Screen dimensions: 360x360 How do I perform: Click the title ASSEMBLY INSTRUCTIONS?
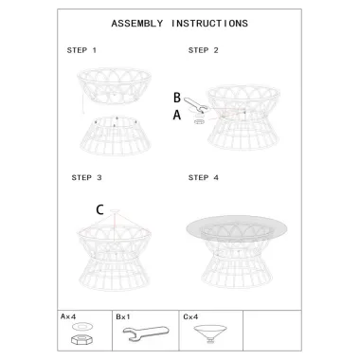coord(179,24)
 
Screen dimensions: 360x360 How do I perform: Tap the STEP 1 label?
coord(81,50)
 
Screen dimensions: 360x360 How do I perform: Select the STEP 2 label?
coord(203,50)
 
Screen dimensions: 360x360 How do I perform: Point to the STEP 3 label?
coord(86,177)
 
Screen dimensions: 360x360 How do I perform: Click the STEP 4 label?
coord(204,177)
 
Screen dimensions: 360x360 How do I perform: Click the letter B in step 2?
coord(177,98)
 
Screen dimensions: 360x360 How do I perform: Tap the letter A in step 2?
coord(177,115)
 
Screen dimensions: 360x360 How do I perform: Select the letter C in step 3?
coord(99,209)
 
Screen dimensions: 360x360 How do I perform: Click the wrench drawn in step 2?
coord(195,105)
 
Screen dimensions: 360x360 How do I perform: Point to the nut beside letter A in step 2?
coord(199,121)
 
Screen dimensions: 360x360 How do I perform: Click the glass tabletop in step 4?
coord(237,227)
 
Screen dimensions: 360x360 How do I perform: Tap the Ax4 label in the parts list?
coord(68,316)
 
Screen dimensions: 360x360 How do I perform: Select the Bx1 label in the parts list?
coord(123,316)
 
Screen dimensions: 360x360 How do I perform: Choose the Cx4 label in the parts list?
coord(190,316)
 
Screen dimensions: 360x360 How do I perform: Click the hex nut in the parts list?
coord(81,340)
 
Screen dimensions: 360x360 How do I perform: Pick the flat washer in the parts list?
coord(81,326)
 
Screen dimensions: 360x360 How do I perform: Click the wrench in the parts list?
coord(146,333)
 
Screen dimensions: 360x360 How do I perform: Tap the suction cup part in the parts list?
coord(210,333)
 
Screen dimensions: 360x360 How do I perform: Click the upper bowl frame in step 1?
coord(115,85)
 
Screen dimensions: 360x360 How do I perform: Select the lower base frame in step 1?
coord(115,135)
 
